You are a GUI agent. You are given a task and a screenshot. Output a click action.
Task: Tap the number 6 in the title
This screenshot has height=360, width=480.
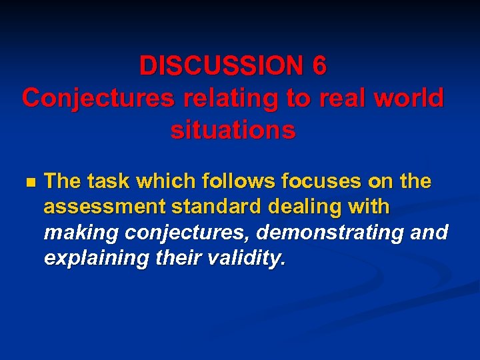[x=319, y=66]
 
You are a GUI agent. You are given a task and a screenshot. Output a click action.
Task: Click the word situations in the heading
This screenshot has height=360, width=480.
[x=233, y=130]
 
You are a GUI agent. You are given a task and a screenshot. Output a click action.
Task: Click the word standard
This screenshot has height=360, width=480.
[x=207, y=207]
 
